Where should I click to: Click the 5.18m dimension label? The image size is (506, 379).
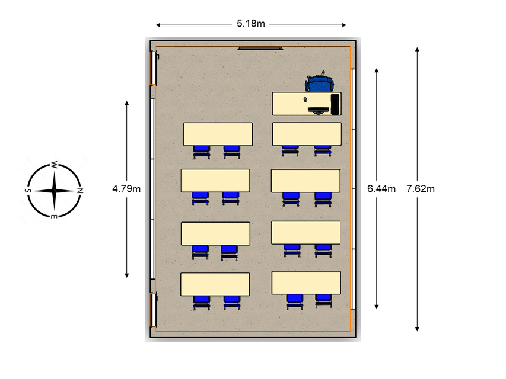point(250,24)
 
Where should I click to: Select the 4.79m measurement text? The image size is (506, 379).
point(126,189)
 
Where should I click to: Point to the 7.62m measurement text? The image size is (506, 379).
point(421,189)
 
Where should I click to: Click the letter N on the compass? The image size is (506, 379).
point(79,191)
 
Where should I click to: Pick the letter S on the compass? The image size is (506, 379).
point(27,191)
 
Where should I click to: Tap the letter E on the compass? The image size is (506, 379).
point(54,217)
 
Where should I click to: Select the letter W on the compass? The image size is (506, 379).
point(54,164)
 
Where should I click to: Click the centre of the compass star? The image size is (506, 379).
point(54,191)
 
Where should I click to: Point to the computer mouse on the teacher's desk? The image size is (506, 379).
point(306,99)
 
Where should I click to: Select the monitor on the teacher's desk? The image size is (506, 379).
point(319,110)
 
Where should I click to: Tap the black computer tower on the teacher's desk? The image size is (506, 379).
point(335,104)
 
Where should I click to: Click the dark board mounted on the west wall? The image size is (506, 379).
point(260,47)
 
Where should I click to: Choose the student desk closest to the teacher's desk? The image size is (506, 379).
point(307,133)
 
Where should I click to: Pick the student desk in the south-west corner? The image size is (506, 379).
point(218,134)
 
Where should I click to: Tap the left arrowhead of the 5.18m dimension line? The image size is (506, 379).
point(158,25)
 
